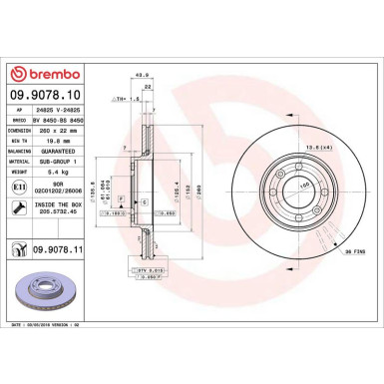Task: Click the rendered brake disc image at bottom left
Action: [46, 293]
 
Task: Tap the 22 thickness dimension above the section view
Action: [148, 88]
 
